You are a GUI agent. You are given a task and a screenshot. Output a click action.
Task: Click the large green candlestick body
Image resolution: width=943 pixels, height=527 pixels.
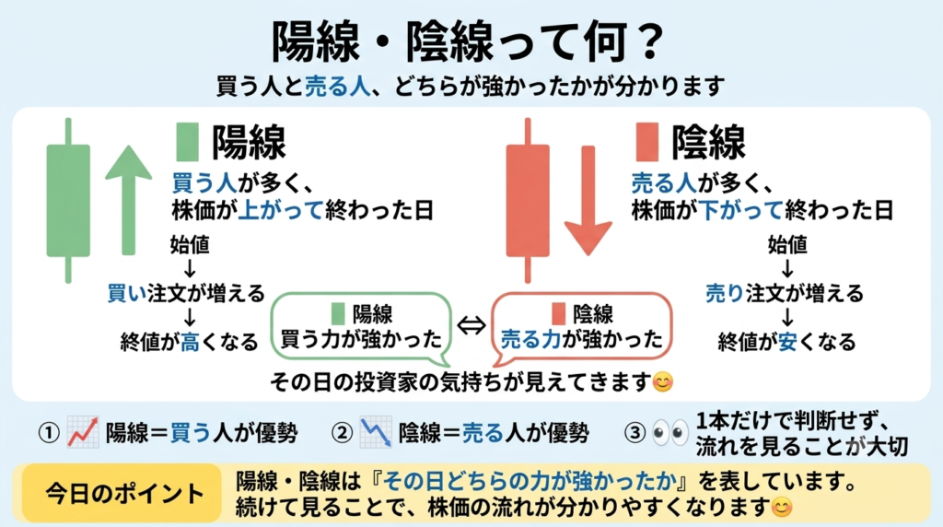point(68,200)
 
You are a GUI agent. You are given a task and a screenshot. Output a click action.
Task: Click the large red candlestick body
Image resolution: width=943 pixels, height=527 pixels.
point(528,200)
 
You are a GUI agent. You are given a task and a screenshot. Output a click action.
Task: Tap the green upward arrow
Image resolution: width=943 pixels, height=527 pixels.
point(128,200)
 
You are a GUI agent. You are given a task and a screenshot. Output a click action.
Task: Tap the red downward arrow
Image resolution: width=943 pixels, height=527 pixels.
point(588,200)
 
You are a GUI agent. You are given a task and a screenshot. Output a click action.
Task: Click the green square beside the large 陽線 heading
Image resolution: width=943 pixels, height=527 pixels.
point(187,142)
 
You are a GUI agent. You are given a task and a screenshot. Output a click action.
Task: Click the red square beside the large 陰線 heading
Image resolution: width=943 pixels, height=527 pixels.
point(646,142)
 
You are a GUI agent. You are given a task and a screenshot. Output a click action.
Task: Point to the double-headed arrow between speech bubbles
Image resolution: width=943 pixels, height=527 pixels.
point(471,325)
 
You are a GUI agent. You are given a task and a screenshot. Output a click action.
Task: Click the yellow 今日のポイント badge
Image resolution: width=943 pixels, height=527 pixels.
point(122,493)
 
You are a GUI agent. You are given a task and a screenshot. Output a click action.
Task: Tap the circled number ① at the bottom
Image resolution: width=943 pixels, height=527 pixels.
point(49,432)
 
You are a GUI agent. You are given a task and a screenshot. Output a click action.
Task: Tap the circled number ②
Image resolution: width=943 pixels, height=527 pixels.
point(343,432)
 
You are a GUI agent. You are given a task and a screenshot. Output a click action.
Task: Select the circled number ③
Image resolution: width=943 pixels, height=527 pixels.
point(635,432)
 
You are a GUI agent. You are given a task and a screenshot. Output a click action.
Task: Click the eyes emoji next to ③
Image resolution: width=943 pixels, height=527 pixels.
point(670,432)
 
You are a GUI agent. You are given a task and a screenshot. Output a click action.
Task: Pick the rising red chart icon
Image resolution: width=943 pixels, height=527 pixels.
point(82,432)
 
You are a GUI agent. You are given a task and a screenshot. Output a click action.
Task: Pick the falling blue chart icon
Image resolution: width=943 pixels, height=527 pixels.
point(376,432)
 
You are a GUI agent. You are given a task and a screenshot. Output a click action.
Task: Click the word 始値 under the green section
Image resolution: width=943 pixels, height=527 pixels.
point(190,245)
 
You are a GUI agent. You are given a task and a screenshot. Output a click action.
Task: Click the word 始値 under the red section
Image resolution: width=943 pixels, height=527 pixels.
point(787,245)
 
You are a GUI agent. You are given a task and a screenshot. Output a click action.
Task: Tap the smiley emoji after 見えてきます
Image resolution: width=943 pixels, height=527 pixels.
point(663,381)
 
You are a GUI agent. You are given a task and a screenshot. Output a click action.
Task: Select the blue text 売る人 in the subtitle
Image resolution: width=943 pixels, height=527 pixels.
point(337,87)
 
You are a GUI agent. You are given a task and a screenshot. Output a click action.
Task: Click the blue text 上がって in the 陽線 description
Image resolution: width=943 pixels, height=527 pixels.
point(281,211)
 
